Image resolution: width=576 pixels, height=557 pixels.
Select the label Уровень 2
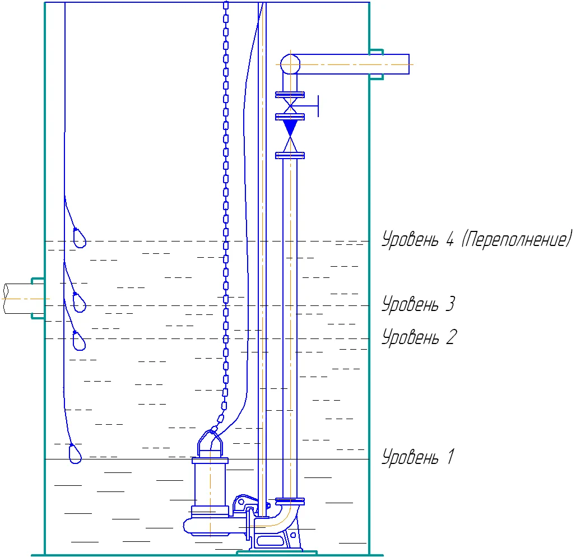point(419,337)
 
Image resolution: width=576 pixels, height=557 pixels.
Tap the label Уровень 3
point(419,304)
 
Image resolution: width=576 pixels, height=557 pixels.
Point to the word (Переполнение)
point(517,239)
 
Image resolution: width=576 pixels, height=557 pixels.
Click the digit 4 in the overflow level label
point(450,239)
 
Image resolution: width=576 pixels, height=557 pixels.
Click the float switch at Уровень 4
point(79,238)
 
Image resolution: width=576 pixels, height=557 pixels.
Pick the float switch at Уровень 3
point(79,303)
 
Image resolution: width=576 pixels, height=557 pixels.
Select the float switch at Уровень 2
point(78,341)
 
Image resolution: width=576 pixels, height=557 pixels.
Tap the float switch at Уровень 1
point(75,453)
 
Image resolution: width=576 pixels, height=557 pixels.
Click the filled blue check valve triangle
point(290,127)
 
